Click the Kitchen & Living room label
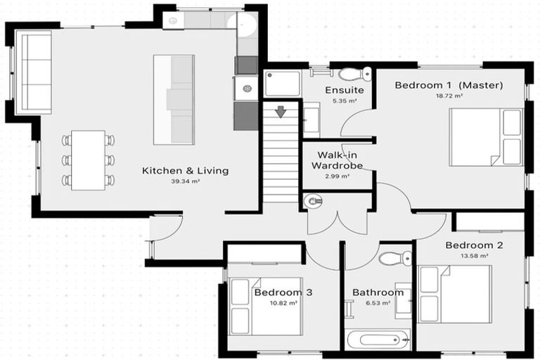click(185, 171)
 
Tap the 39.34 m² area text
click(186, 181)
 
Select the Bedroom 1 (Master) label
click(449, 86)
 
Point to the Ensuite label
click(345, 91)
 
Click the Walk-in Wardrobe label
click(340, 160)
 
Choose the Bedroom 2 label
click(474, 245)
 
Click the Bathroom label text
click(378, 292)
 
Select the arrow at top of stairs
click(281, 112)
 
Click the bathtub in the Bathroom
click(378, 340)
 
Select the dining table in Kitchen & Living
click(88, 160)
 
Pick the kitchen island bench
click(174, 99)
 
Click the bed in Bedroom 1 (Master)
click(486, 136)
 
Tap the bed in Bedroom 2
click(455, 294)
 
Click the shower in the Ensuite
click(283, 84)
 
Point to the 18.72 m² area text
click(449, 96)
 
